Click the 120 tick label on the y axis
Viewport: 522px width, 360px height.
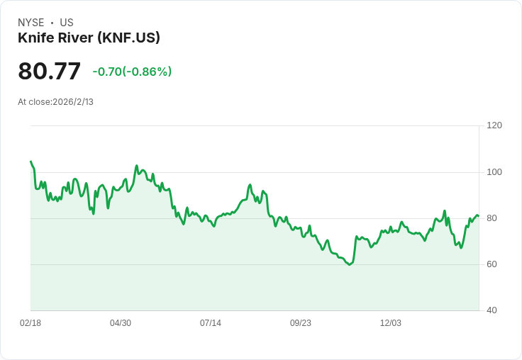pyautogui.click(x=494, y=125)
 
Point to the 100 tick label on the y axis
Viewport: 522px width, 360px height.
pyautogui.click(x=494, y=172)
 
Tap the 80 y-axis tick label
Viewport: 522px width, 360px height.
pyautogui.click(x=492, y=218)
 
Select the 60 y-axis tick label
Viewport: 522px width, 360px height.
pyautogui.click(x=492, y=264)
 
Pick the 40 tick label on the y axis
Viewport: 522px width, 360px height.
pyautogui.click(x=492, y=310)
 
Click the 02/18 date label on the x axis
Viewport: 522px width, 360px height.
pyautogui.click(x=30, y=323)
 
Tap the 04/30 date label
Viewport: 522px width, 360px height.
pyautogui.click(x=121, y=323)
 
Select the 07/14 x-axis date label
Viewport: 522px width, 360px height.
pyautogui.click(x=211, y=323)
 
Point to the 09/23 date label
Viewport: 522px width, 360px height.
pyautogui.click(x=301, y=323)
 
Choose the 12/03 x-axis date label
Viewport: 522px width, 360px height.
pyautogui.click(x=391, y=323)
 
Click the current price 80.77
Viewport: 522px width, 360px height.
pyautogui.click(x=49, y=71)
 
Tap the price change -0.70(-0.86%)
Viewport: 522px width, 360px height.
pyautogui.click(x=132, y=72)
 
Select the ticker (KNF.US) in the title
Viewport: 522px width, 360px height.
pyautogui.click(x=128, y=38)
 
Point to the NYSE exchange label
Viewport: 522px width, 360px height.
pyautogui.click(x=31, y=23)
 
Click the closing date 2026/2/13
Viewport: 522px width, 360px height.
pyautogui.click(x=73, y=102)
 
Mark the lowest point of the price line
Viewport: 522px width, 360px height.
pyautogui.click(x=350, y=265)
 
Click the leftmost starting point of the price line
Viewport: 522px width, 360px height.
pyautogui.click(x=30, y=162)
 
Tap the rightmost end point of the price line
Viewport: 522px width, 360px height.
pyautogui.click(x=479, y=216)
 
